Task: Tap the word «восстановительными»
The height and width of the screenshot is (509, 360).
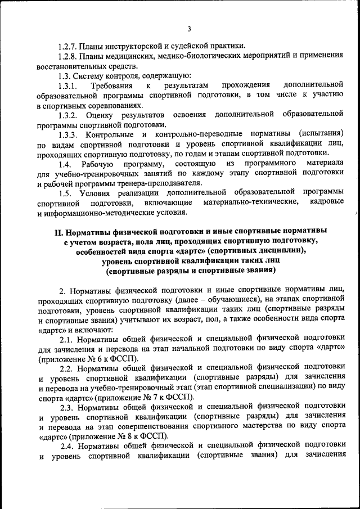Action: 71,66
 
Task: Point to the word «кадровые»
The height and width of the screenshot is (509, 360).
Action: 326,202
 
